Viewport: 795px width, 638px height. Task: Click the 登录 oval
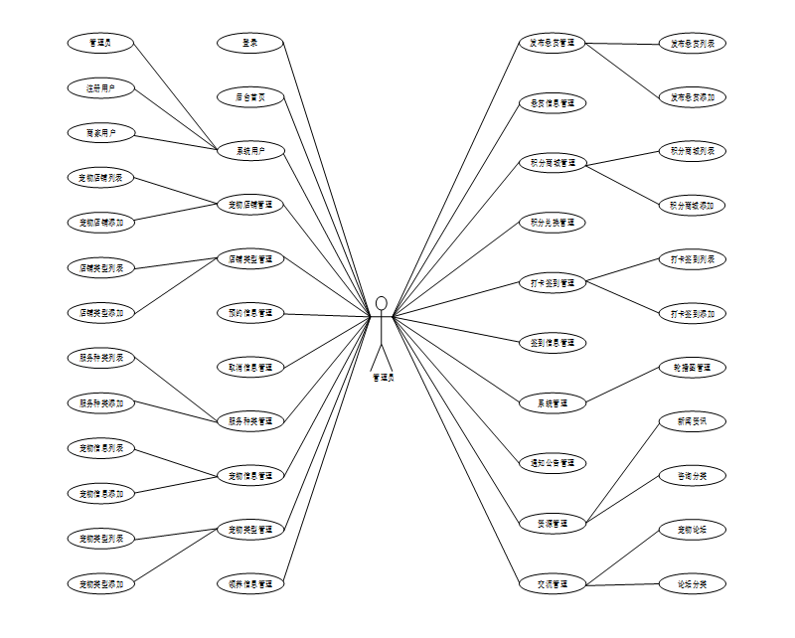coord(250,43)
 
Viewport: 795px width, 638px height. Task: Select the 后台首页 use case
coord(250,97)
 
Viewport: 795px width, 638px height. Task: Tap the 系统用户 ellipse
coord(250,151)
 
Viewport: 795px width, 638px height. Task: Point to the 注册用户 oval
coord(100,88)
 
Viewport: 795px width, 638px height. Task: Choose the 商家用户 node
coord(100,132)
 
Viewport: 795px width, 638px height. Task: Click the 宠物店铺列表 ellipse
coord(100,178)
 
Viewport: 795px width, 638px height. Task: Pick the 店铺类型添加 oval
coord(100,312)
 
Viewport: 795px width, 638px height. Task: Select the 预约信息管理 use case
coord(250,313)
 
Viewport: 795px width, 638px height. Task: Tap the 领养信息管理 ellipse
coord(250,582)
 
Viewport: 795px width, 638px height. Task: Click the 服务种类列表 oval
coord(100,357)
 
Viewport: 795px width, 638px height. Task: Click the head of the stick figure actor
coord(382,303)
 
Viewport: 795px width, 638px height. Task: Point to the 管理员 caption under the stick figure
coord(383,378)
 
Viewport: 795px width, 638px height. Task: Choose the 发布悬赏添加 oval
coord(693,97)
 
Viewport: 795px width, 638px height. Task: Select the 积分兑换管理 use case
coord(553,223)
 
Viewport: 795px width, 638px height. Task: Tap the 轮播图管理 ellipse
coord(693,368)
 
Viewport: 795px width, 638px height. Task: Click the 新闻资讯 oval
coord(693,421)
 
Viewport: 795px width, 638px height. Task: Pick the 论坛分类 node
coord(693,583)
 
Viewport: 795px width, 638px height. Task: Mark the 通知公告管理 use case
coord(553,463)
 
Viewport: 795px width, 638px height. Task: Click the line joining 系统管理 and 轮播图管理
coord(623,386)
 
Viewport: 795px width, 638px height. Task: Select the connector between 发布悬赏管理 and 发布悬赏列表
coord(623,44)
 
